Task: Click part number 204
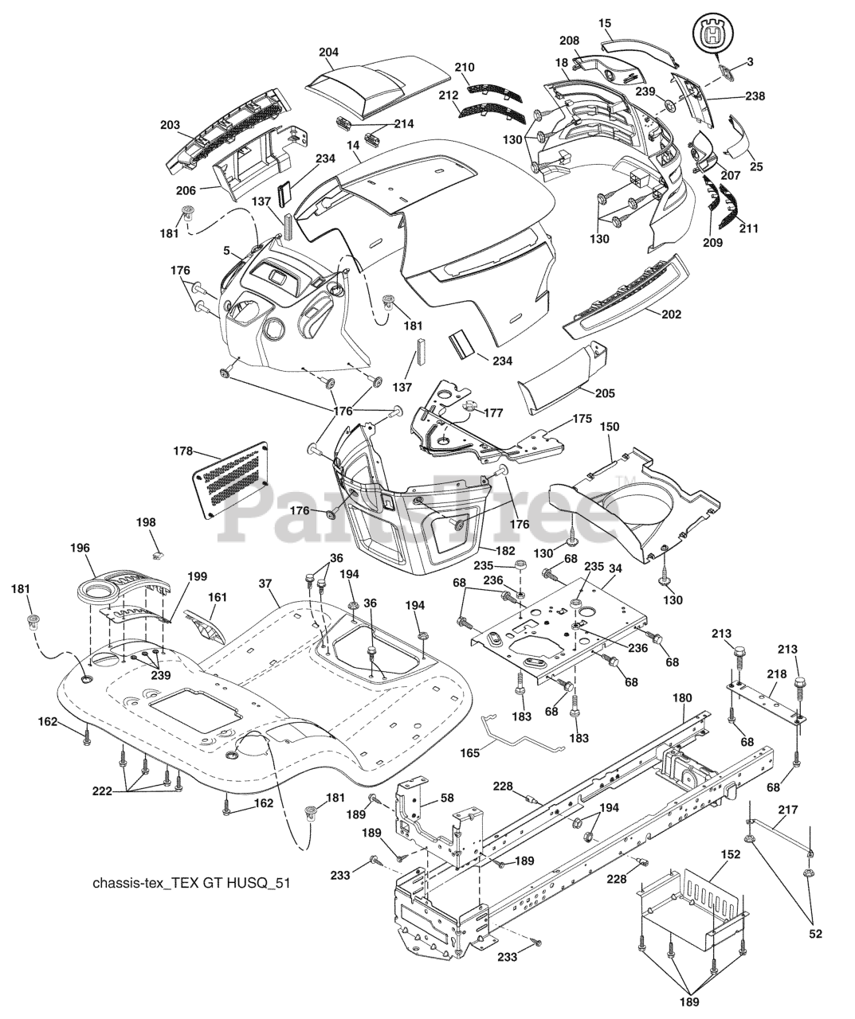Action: [328, 53]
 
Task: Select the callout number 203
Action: [170, 125]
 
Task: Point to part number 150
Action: [610, 428]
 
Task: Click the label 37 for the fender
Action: [265, 584]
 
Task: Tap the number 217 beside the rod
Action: [788, 810]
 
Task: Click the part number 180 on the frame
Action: [682, 698]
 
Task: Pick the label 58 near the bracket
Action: [447, 797]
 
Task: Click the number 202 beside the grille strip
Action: [671, 314]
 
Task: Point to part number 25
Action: [755, 166]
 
